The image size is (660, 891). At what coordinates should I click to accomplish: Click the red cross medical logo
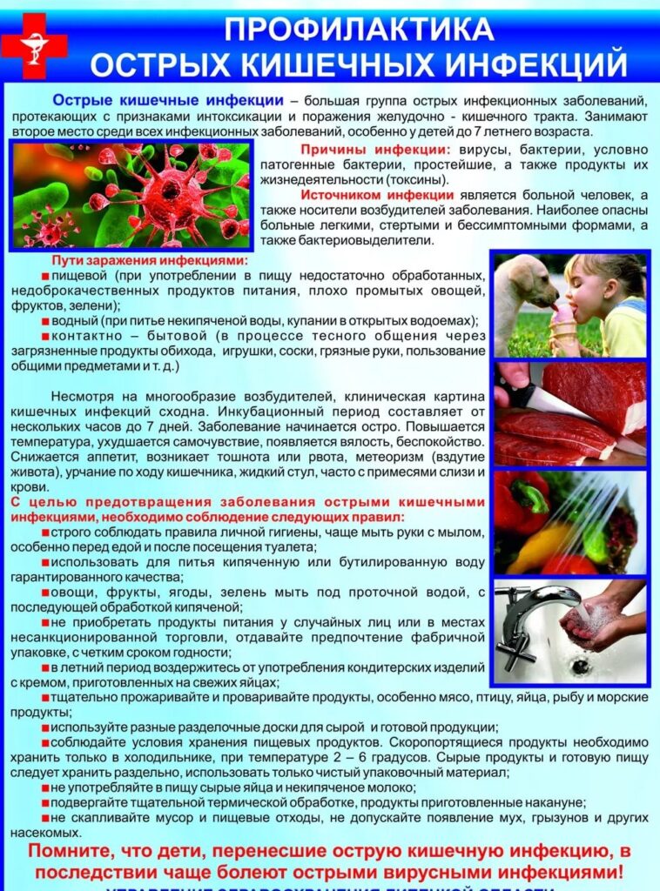click(x=33, y=46)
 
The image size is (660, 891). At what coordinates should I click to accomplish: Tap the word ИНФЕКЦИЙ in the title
click(x=539, y=65)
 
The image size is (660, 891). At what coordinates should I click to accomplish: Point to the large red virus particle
click(x=170, y=187)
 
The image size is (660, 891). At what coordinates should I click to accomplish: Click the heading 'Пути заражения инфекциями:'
click(x=149, y=261)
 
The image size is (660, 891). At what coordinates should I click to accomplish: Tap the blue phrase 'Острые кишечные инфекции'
click(x=167, y=101)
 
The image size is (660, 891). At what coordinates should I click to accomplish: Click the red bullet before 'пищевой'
click(x=45, y=276)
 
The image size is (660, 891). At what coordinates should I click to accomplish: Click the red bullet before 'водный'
click(x=45, y=321)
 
